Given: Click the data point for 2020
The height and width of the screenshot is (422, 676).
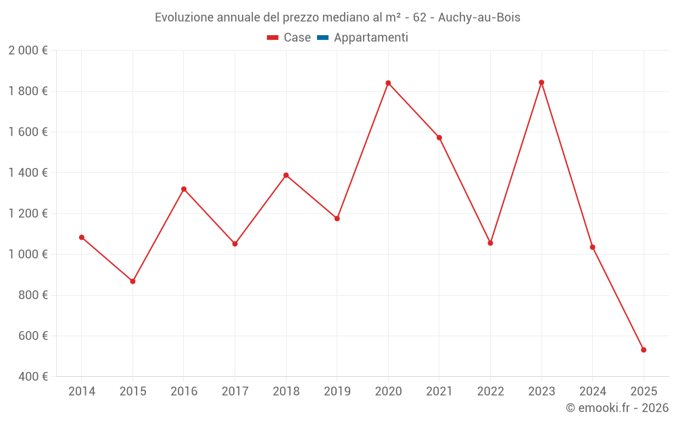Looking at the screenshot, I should [388, 83].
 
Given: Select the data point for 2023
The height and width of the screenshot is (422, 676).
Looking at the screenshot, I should [541, 82].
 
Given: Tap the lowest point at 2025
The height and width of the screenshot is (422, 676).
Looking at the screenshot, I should [644, 350].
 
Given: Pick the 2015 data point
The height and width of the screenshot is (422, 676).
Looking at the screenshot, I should [132, 281].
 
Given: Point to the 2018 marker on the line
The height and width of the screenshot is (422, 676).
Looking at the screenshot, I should [286, 175].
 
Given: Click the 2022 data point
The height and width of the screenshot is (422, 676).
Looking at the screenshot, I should [490, 243].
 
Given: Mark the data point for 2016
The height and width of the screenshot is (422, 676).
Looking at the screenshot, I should [184, 189].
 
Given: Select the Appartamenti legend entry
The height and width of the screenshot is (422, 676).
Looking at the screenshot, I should [370, 38].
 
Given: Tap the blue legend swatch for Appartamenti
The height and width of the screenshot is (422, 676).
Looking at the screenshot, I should [322, 38].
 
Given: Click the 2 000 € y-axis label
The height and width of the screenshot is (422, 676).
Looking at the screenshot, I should [28, 51].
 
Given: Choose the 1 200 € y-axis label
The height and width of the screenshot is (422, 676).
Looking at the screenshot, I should [28, 213].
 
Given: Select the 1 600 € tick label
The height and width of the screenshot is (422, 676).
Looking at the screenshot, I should [28, 132].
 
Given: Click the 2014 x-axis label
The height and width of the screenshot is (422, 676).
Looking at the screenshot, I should [82, 392].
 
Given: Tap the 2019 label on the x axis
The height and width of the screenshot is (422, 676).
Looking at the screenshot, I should [337, 392].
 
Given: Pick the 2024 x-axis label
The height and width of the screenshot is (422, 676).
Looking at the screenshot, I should [593, 392].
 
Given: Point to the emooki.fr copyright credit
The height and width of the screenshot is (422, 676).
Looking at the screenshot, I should [617, 408].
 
